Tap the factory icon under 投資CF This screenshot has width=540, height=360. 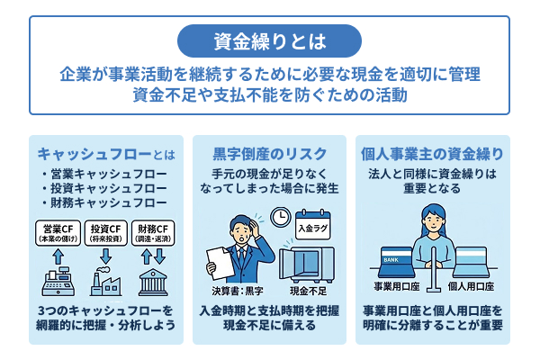click(x=106, y=282)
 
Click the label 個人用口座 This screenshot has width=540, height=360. click(x=472, y=285)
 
